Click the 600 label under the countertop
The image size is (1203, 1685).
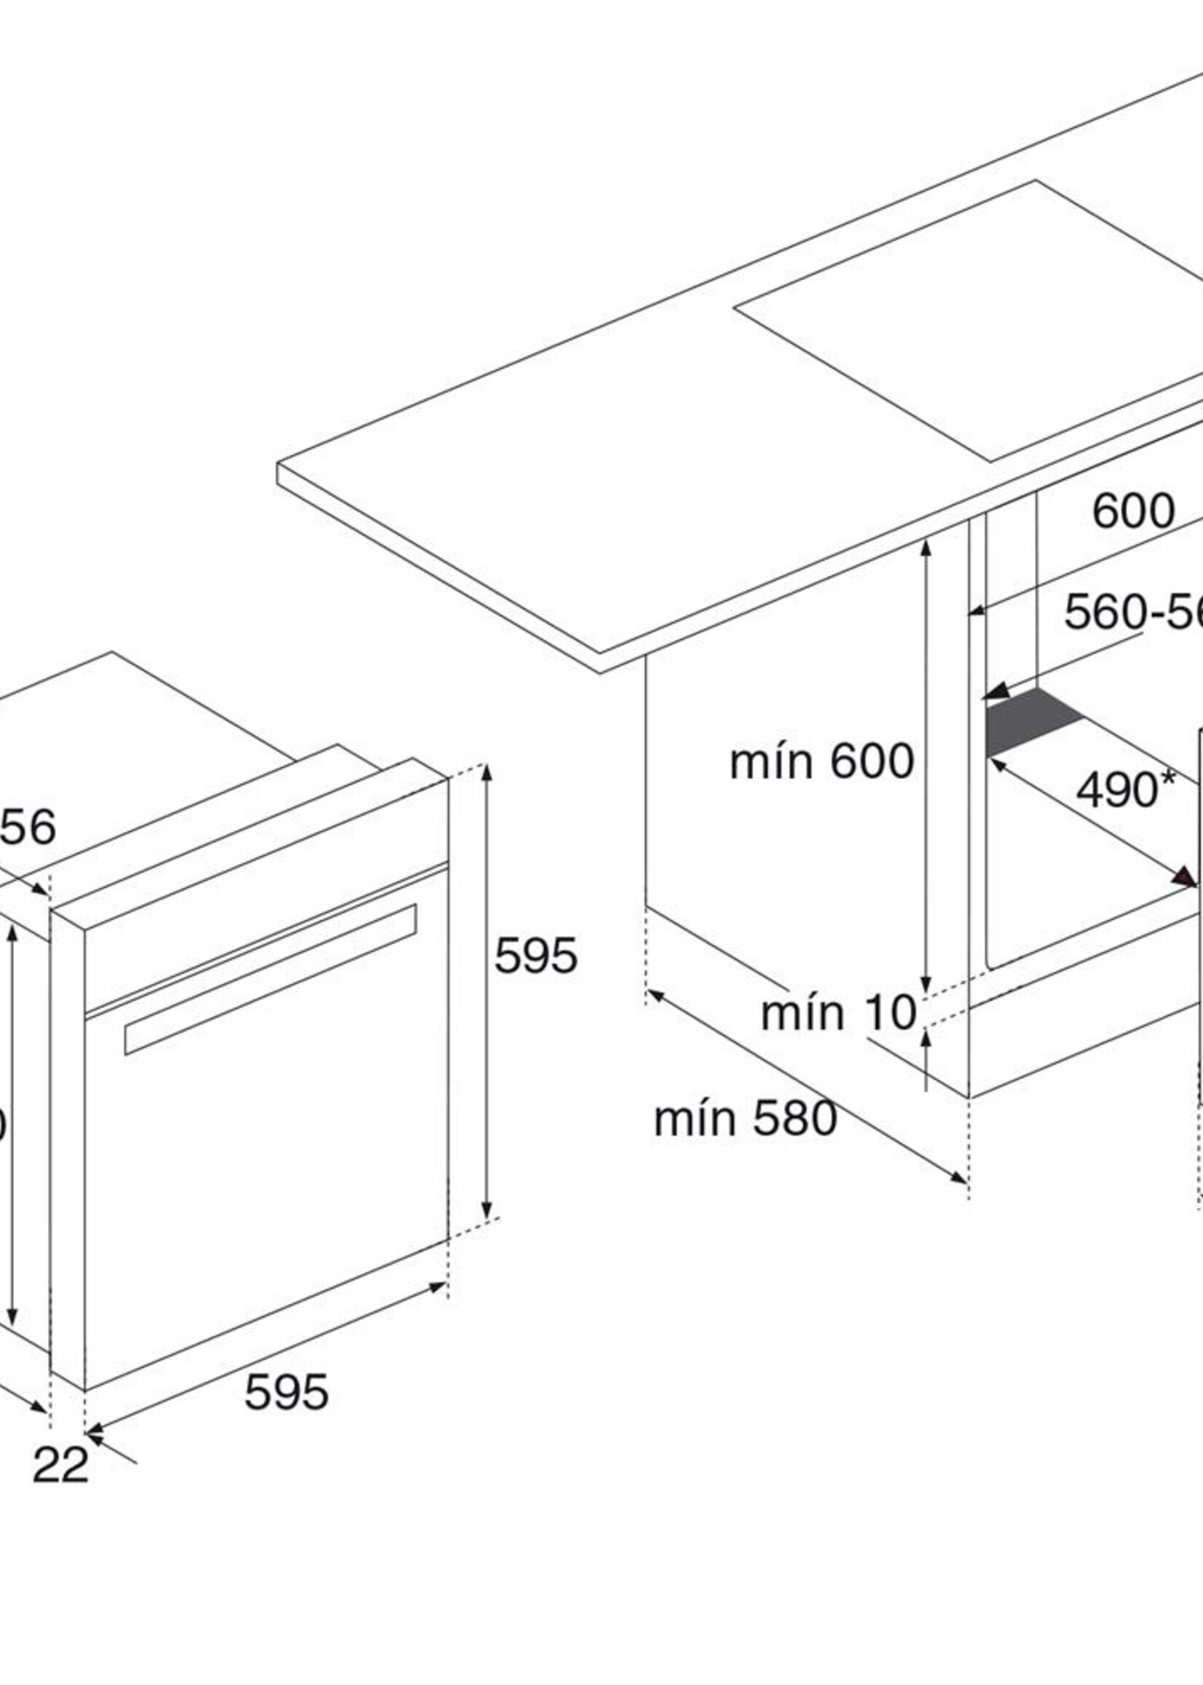point(1133,511)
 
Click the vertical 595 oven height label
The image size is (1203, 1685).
point(535,956)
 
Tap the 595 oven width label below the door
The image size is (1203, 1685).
point(286,1392)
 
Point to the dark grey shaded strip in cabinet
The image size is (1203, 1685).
point(1033,723)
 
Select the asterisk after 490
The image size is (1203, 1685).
point(1168,778)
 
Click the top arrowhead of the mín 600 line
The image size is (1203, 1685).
point(926,549)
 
